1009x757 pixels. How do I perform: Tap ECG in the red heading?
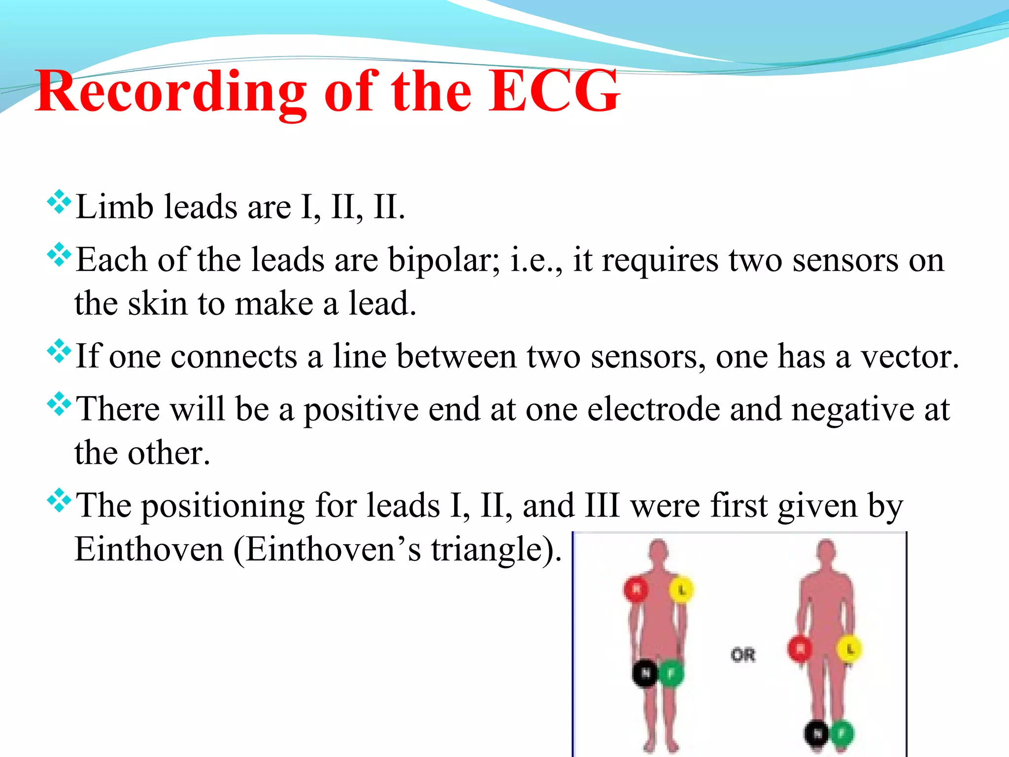554,92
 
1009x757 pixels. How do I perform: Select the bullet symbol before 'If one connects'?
59,351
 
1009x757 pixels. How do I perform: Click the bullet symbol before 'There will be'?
59,404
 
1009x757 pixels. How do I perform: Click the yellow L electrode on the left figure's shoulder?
682,589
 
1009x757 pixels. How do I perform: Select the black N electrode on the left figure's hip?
645,673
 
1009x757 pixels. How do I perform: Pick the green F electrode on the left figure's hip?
671,673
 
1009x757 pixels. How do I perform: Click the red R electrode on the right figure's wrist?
800,649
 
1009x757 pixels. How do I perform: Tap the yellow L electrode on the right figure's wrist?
849,650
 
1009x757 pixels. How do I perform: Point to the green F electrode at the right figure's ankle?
842,733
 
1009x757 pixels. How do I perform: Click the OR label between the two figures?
743,655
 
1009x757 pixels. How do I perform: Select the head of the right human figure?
827,550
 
